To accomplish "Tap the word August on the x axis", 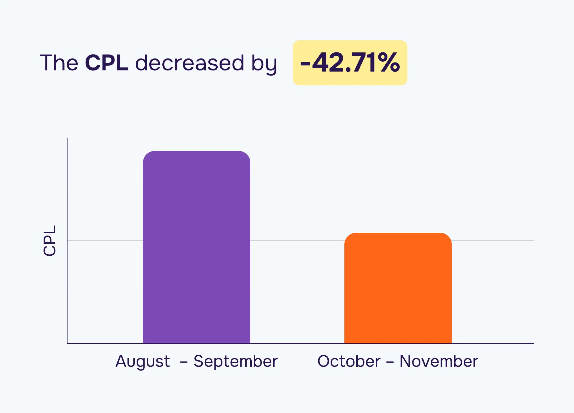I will point(143,361).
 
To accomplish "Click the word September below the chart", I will point(235,361).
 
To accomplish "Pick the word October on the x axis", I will point(349,361).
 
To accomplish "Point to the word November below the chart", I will point(439,361).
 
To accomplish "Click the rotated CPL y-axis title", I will point(50,241).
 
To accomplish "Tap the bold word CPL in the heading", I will point(107,63).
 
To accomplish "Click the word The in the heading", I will point(59,63).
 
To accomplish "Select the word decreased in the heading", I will point(190,63).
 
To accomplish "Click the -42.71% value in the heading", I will point(350,63).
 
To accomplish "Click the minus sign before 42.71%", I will point(305,64).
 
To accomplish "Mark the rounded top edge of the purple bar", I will point(196,151).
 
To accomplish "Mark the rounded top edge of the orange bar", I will point(398,233).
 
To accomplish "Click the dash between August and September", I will point(184,362).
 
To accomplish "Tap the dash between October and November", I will point(390,362).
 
